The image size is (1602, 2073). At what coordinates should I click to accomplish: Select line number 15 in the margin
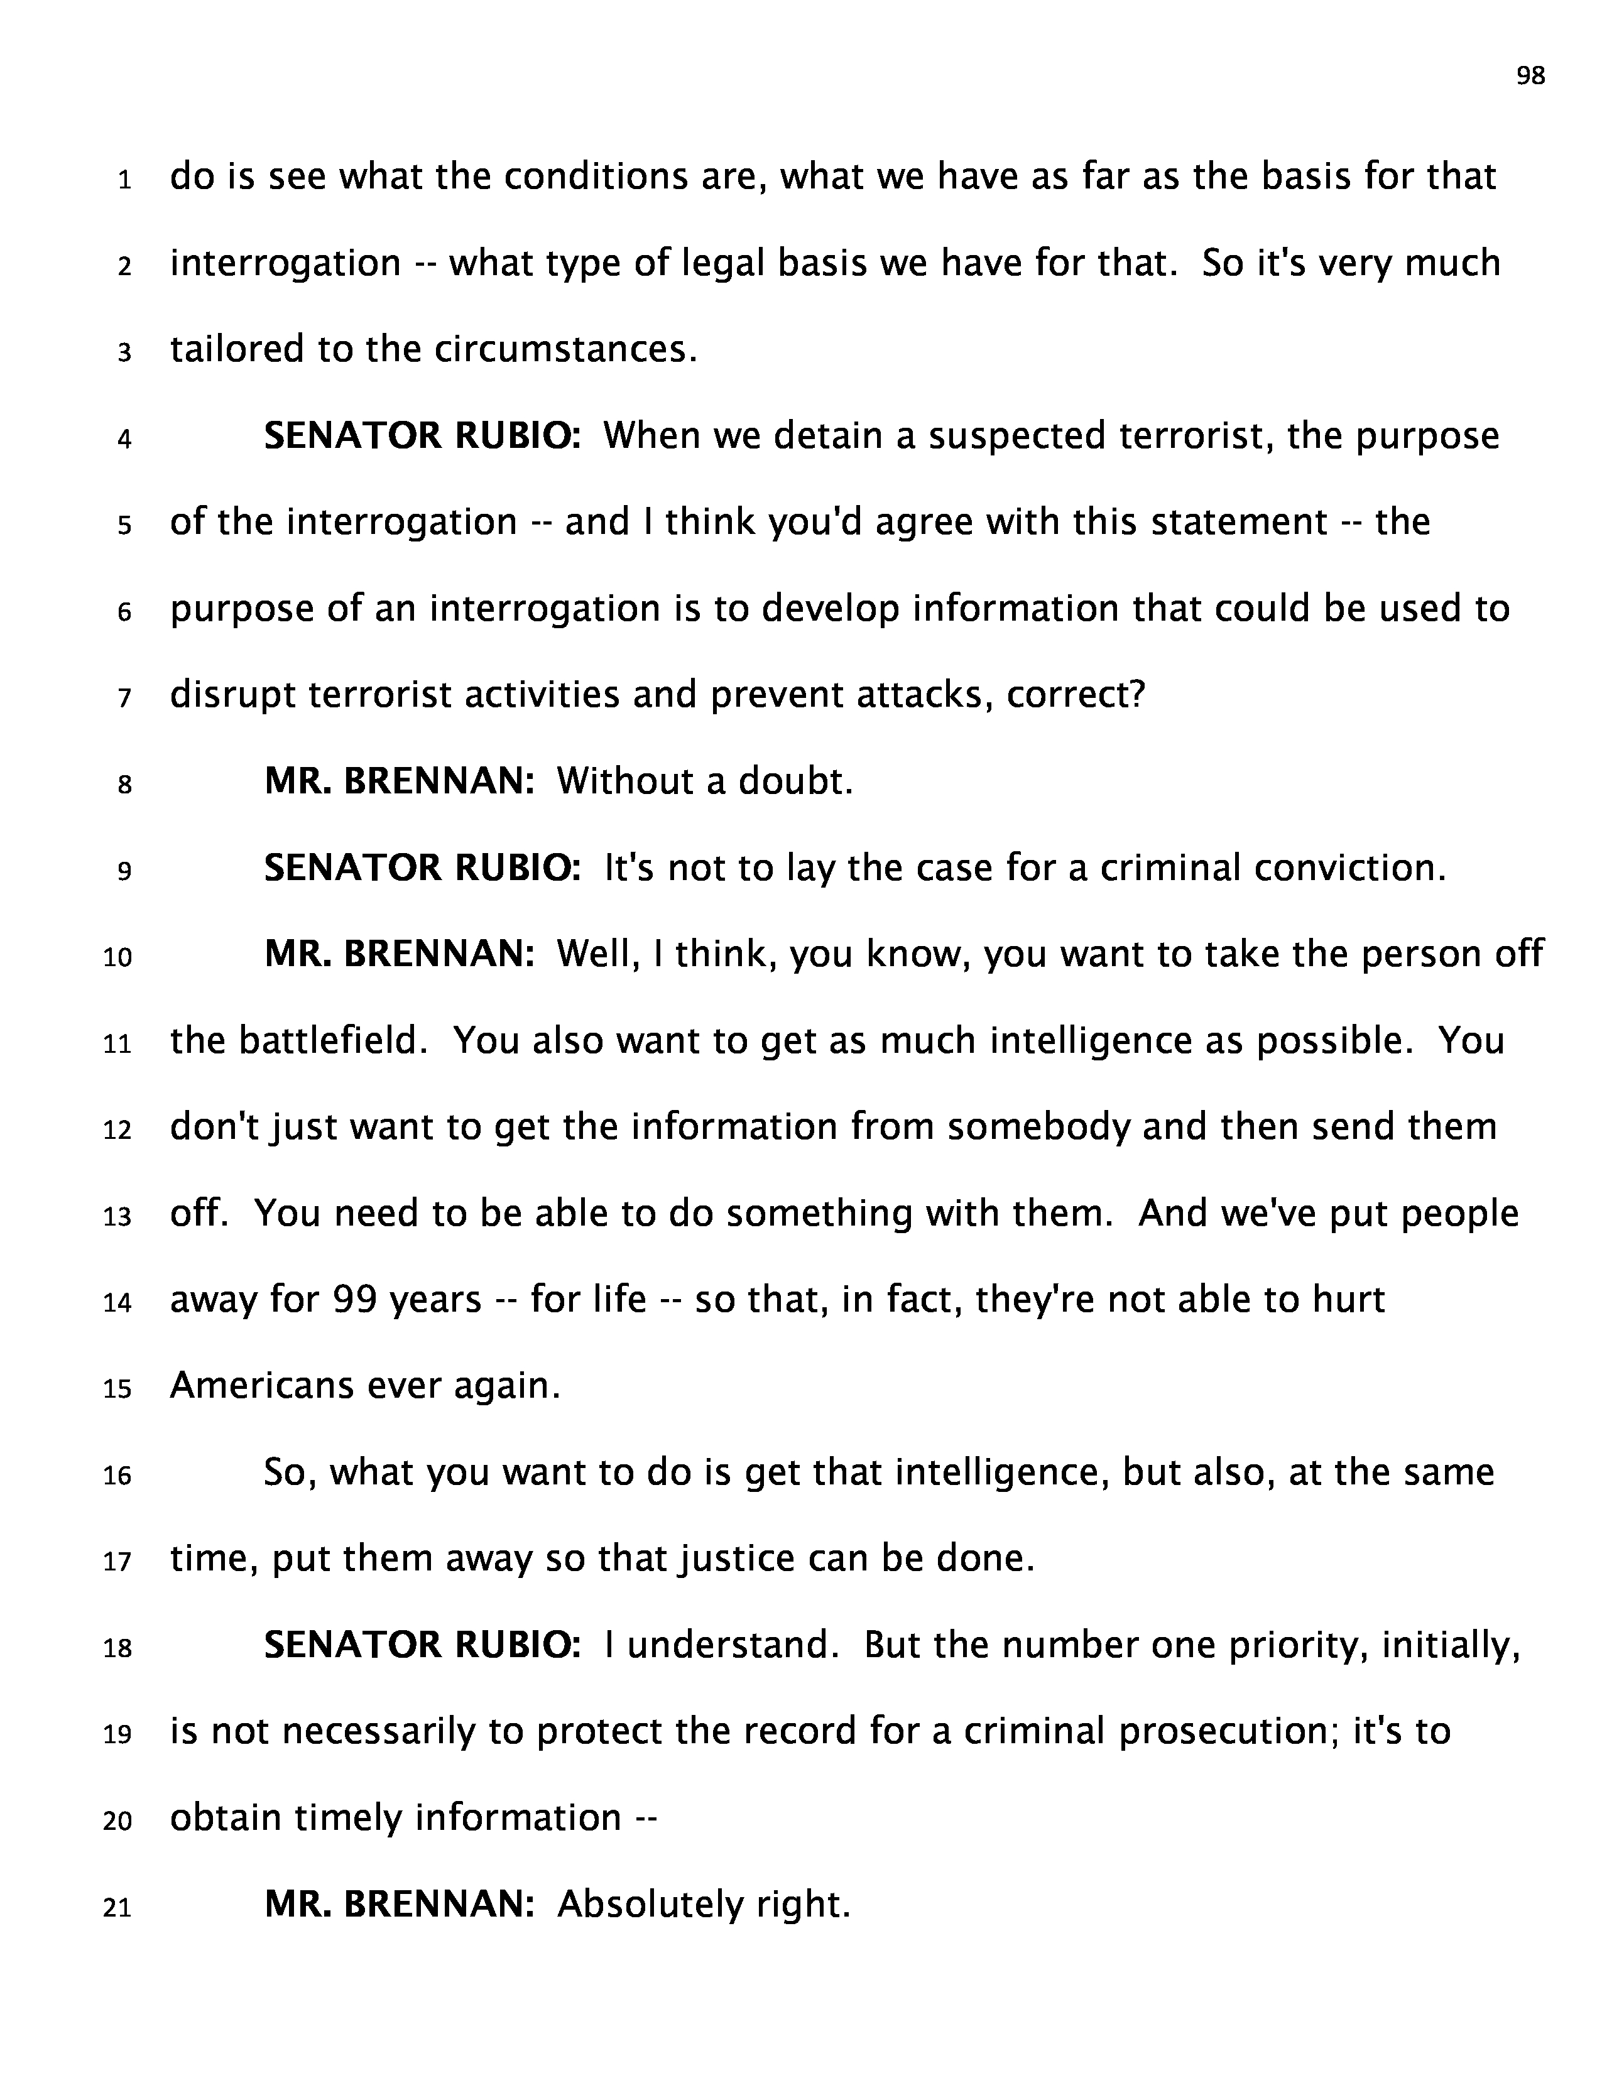pyautogui.click(x=117, y=1390)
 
